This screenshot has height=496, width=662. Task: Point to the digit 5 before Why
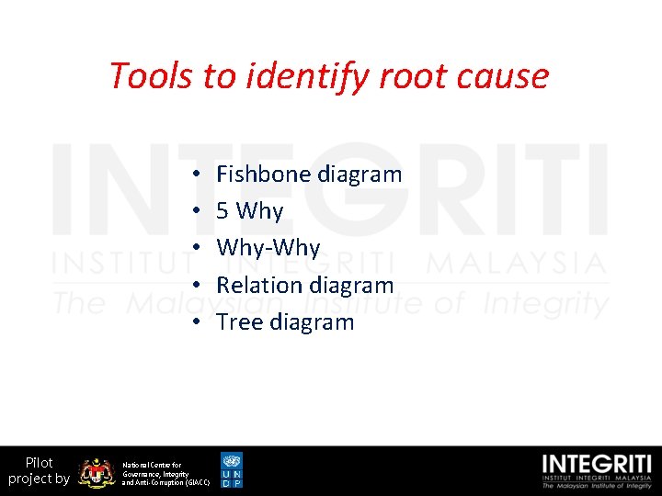coord(223,211)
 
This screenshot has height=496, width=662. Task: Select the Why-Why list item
coord(268,248)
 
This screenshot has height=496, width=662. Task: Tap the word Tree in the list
coord(237,322)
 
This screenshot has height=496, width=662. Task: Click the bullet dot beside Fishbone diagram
coord(198,175)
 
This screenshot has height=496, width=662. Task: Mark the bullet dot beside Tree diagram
coord(198,323)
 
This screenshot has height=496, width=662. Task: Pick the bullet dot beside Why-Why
coord(198,249)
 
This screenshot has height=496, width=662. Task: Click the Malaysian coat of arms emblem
coord(96,472)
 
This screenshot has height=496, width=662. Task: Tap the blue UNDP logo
coord(233,469)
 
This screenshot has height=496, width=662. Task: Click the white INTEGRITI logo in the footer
coord(597,470)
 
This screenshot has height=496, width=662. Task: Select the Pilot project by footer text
coord(39,470)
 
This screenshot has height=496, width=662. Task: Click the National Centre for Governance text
coord(165,473)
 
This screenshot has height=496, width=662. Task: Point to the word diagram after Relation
coord(353,286)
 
